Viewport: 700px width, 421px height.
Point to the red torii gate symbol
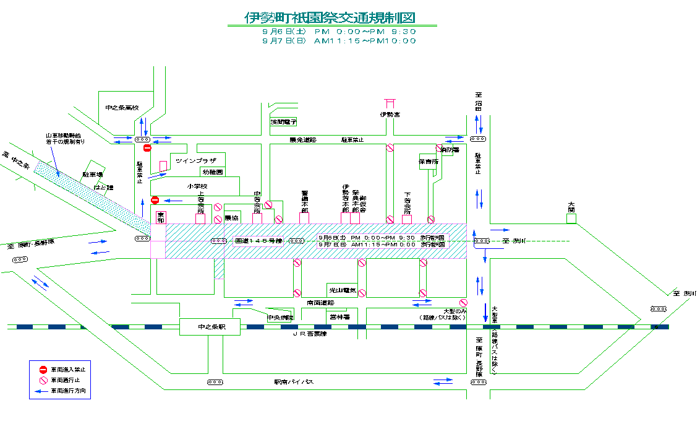click(x=390, y=103)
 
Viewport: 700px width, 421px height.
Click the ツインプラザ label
click(x=195, y=160)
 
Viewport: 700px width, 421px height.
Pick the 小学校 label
click(x=198, y=186)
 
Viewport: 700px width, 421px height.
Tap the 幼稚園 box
click(x=211, y=171)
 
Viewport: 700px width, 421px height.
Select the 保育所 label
click(x=428, y=162)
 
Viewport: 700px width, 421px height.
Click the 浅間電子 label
click(x=284, y=122)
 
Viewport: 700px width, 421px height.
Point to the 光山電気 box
click(x=342, y=290)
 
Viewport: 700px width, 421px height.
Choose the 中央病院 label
click(x=280, y=318)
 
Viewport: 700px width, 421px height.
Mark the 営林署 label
click(x=339, y=317)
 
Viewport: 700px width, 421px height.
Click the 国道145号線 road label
click(x=258, y=241)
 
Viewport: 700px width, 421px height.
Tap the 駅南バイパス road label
click(x=294, y=383)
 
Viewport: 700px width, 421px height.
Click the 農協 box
click(x=232, y=219)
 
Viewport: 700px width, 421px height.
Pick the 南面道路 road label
click(x=320, y=303)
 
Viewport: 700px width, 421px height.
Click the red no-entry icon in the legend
click(x=43, y=369)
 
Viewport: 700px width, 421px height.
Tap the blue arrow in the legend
click(x=43, y=391)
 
